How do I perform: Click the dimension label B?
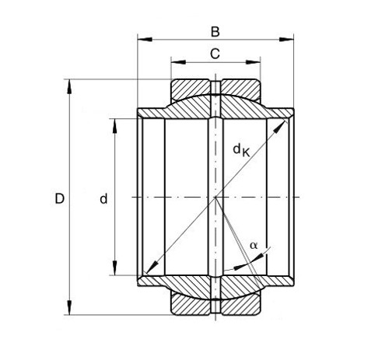tap(216, 32)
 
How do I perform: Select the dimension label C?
tap(215, 54)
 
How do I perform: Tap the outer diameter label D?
tap(59, 199)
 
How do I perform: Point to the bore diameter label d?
tap(103, 199)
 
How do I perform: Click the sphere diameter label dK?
tap(241, 150)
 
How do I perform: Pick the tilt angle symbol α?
tap(254, 245)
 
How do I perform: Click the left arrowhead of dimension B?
tap(145, 40)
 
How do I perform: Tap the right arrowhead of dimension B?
tap(286, 40)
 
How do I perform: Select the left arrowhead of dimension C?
tap(178, 62)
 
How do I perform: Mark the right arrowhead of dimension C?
tap(253, 62)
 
